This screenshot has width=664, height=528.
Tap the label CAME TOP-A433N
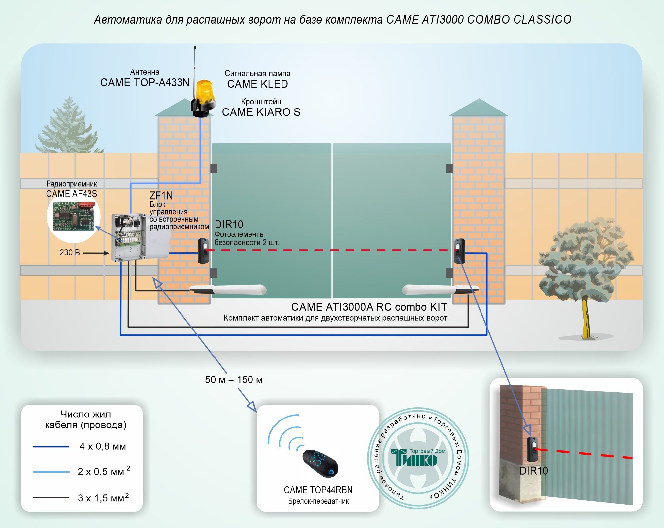tap(145, 82)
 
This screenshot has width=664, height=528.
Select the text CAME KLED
tap(257, 84)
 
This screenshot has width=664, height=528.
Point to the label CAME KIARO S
tap(261, 112)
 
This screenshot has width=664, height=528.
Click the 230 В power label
tap(70, 253)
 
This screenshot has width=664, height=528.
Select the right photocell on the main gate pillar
tap(459, 251)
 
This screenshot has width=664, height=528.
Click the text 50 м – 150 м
tap(234, 380)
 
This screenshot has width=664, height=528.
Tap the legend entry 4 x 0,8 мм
tap(103, 447)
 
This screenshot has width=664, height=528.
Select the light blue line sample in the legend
tap(51, 472)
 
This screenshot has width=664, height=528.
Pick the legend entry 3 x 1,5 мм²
tap(103, 498)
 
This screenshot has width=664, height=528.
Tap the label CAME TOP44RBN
tap(318, 490)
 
